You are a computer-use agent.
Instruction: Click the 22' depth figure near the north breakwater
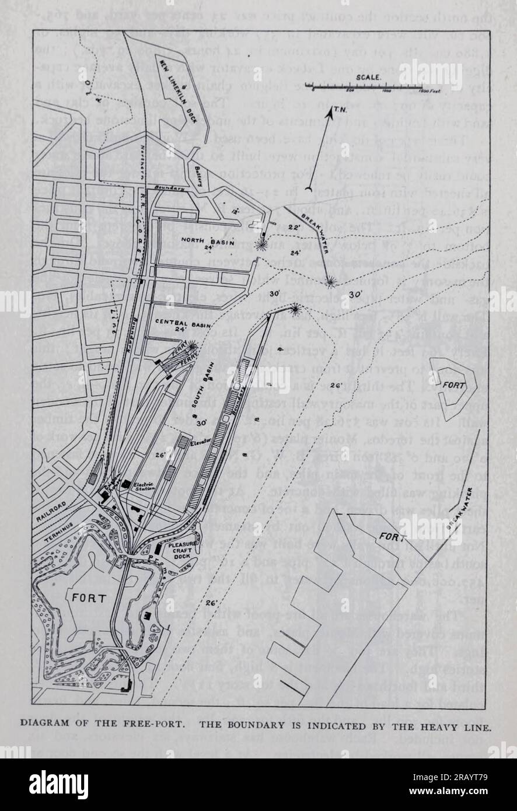(x=293, y=225)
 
